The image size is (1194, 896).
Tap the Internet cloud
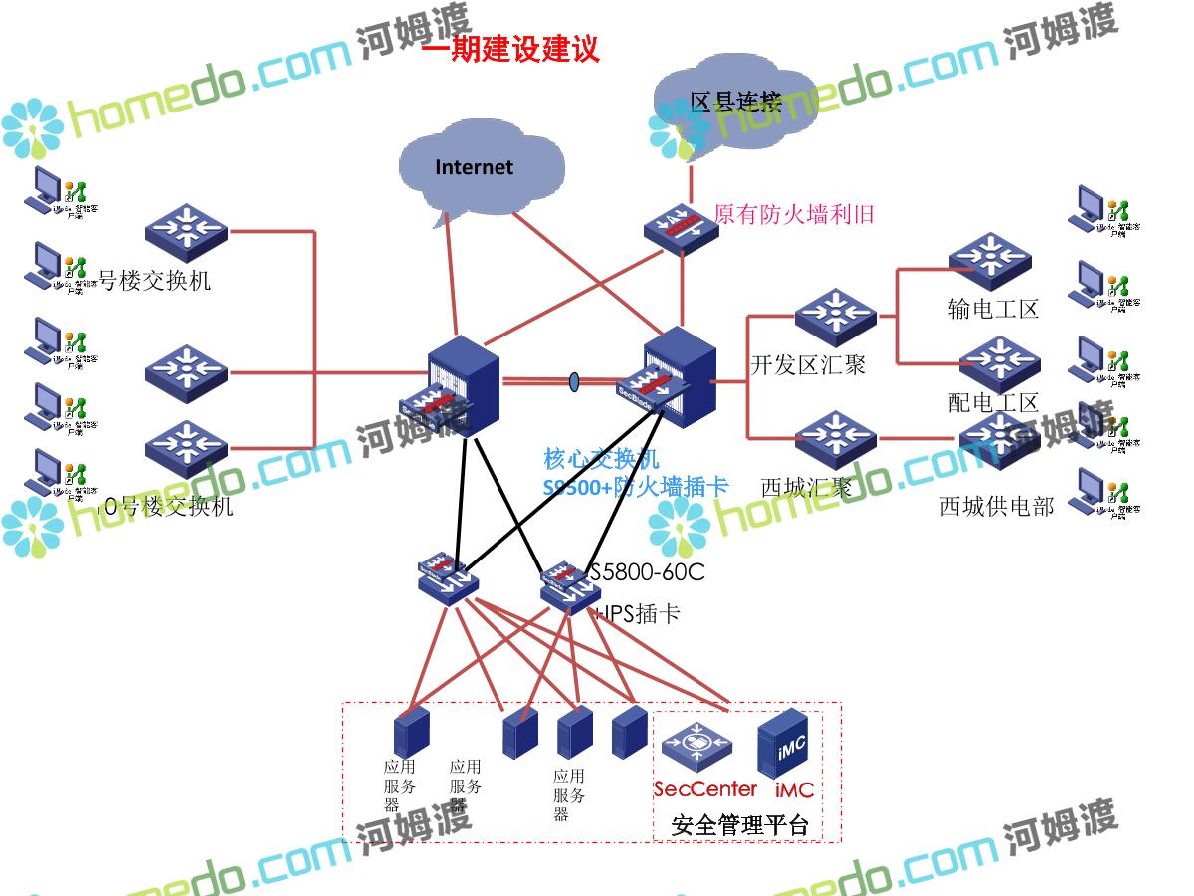tap(475, 167)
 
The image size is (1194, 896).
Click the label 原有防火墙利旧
tap(794, 214)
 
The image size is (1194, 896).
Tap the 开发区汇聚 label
tap(807, 365)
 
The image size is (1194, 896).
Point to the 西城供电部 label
tap(996, 506)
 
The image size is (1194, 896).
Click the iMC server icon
tap(786, 745)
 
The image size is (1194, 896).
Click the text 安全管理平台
tap(740, 825)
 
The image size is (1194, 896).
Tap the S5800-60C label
tap(647, 572)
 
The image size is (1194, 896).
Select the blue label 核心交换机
tap(601, 459)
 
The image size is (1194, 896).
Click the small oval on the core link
tap(574, 381)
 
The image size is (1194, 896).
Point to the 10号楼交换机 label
tap(164, 507)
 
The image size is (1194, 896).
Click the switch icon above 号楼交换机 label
tap(186, 232)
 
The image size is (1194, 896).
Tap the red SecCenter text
tap(704, 789)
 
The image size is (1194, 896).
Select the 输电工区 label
tap(993, 310)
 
